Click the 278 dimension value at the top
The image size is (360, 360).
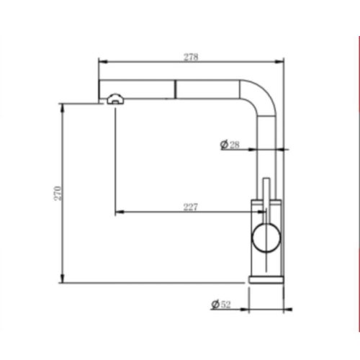pyautogui.click(x=191, y=57)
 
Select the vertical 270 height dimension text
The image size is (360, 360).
pyautogui.click(x=58, y=193)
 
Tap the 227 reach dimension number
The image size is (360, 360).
pyautogui.click(x=191, y=207)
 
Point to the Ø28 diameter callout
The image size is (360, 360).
pyautogui.click(x=230, y=145)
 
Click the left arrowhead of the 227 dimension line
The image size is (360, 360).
pyautogui.click(x=118, y=212)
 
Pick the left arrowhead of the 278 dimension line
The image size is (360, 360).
pyautogui.click(x=101, y=63)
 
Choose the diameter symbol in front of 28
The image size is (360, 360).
pyautogui.click(x=223, y=145)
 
